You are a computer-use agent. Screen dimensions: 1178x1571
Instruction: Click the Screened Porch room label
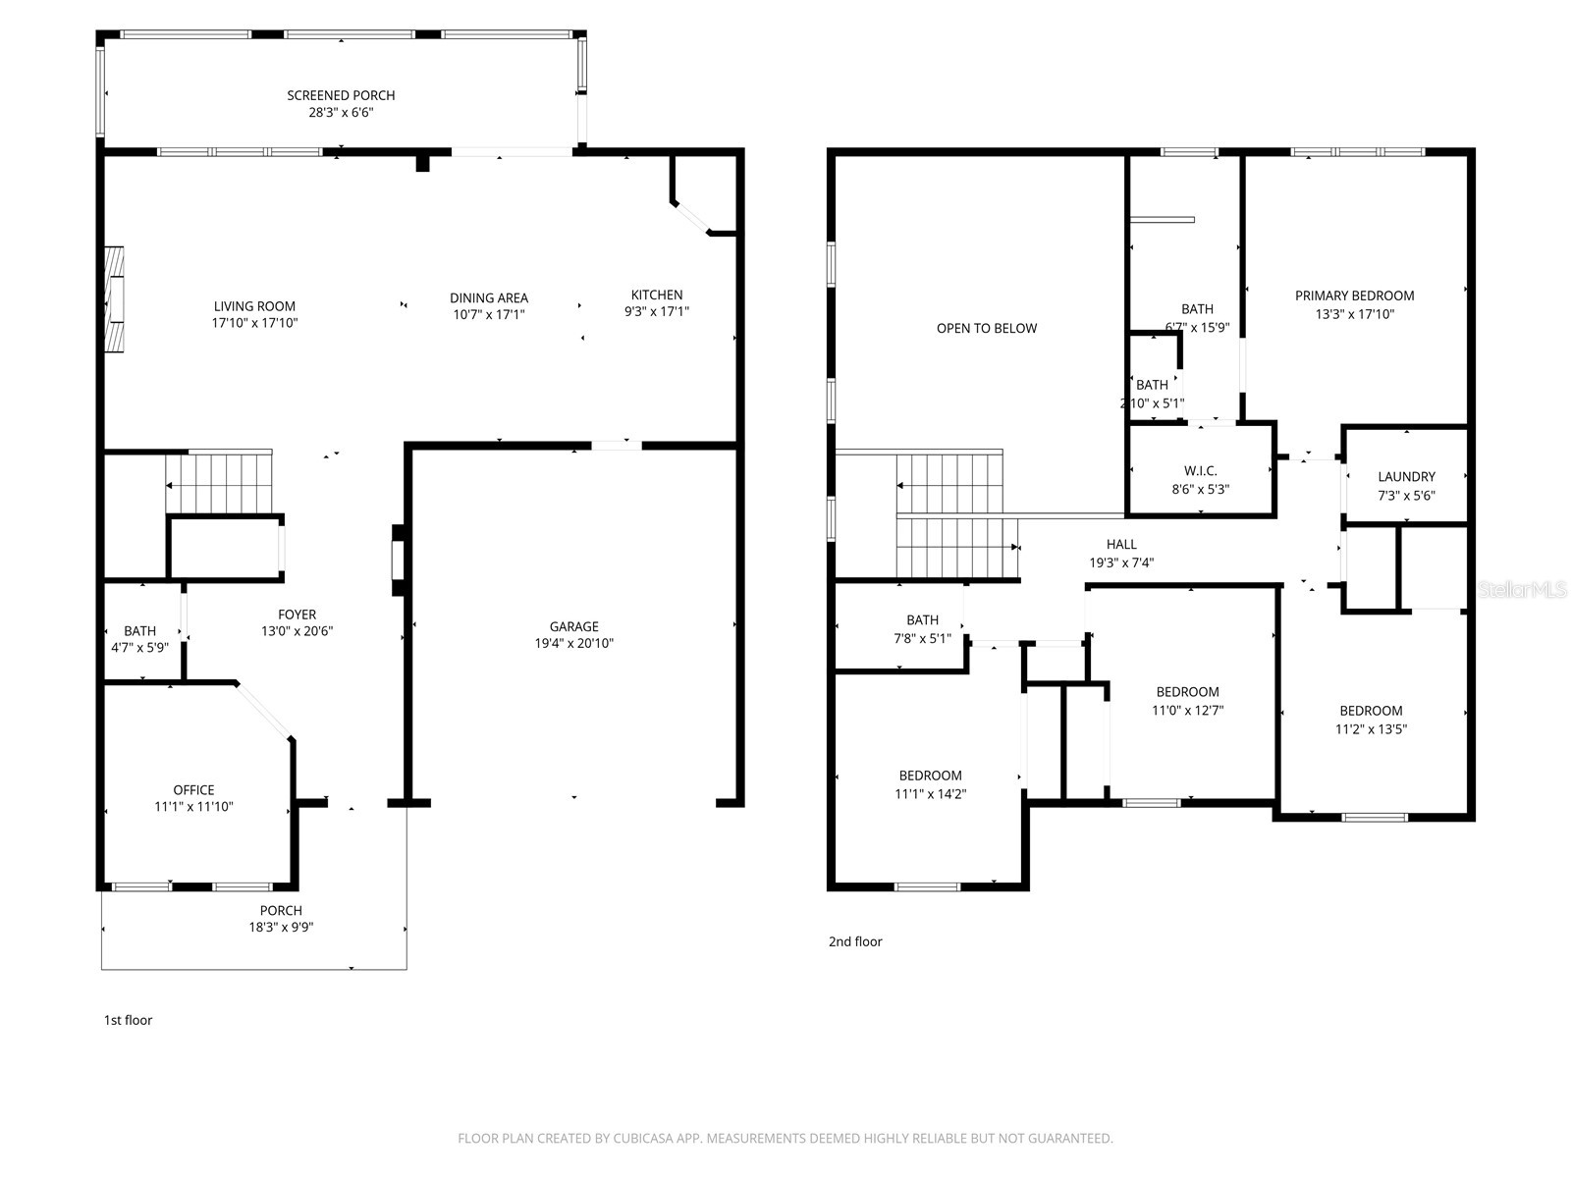tap(341, 95)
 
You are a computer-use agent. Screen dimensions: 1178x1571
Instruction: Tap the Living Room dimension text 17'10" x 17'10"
tap(254, 323)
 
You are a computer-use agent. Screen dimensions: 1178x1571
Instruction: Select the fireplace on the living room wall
tap(115, 299)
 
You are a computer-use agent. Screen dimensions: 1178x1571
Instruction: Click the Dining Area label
tap(489, 297)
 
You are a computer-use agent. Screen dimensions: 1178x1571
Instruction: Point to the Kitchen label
tap(656, 294)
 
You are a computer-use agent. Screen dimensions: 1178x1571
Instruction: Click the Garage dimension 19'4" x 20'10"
tap(573, 644)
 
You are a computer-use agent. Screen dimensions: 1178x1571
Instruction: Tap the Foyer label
tap(297, 615)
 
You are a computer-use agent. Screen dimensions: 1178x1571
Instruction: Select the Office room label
tap(193, 789)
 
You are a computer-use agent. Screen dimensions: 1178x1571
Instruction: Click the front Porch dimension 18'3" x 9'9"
tap(281, 928)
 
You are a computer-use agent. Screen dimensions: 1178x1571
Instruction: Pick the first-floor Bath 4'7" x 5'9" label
tap(139, 631)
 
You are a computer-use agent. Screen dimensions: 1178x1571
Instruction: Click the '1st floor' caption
tap(129, 1020)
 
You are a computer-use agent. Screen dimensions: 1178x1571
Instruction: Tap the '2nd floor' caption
tap(855, 941)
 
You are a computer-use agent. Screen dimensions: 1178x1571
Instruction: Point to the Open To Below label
tap(986, 328)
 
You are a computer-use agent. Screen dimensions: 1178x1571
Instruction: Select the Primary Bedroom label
tap(1354, 295)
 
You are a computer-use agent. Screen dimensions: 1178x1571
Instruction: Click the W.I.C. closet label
tap(1200, 470)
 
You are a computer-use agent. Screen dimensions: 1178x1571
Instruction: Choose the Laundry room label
tap(1406, 476)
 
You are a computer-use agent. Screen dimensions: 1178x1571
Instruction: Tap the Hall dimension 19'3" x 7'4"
tap(1121, 563)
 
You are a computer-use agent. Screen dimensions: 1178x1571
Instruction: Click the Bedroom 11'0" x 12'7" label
tap(1187, 692)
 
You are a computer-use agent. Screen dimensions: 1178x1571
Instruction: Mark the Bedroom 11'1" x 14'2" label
tap(930, 776)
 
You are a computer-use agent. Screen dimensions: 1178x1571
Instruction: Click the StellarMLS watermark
tap(1523, 590)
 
